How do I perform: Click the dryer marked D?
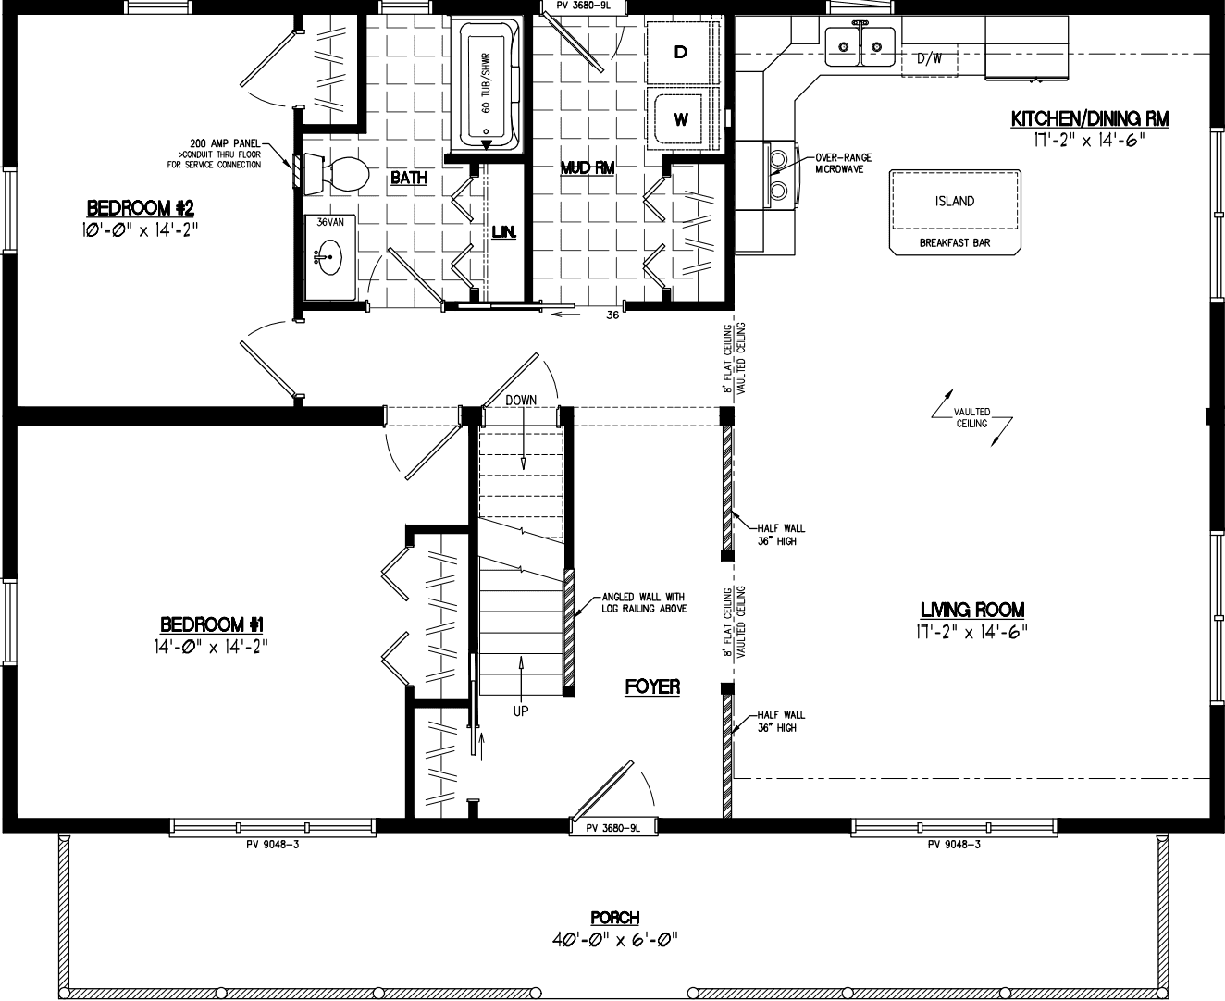click(681, 52)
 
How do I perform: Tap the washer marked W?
click(681, 119)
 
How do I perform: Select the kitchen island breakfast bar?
click(955, 211)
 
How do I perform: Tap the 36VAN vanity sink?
click(328, 257)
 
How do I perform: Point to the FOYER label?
click(652, 686)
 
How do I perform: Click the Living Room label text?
click(971, 610)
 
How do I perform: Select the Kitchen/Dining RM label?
click(1089, 119)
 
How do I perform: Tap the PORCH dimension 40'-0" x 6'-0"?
click(615, 939)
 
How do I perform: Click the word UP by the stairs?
click(521, 711)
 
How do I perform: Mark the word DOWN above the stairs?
click(521, 400)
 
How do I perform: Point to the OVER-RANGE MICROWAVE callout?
click(843, 164)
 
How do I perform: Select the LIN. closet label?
click(502, 233)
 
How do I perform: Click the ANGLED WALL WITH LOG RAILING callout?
click(644, 602)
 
